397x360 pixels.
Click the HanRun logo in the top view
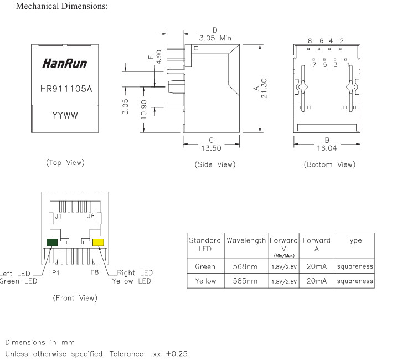(65, 63)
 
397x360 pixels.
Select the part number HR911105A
(66, 89)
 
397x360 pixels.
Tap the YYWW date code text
(65, 115)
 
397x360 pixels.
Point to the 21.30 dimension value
(264, 88)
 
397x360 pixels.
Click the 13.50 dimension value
(211, 148)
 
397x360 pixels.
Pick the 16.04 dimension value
(327, 148)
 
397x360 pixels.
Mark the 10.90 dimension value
(143, 110)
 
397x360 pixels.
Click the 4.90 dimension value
(159, 56)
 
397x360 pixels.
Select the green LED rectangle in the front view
(52, 243)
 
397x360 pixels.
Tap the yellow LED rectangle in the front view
(98, 243)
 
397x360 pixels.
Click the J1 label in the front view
(58, 217)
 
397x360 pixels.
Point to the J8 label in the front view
(91, 216)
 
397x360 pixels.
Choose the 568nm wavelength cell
(245, 266)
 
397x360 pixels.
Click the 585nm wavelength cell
(245, 281)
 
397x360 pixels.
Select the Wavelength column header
(246, 240)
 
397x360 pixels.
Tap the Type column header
(354, 241)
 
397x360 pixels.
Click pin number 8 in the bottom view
(310, 41)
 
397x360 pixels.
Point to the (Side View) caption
(215, 164)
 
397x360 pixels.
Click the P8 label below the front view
(94, 272)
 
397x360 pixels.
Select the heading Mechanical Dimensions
(62, 6)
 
